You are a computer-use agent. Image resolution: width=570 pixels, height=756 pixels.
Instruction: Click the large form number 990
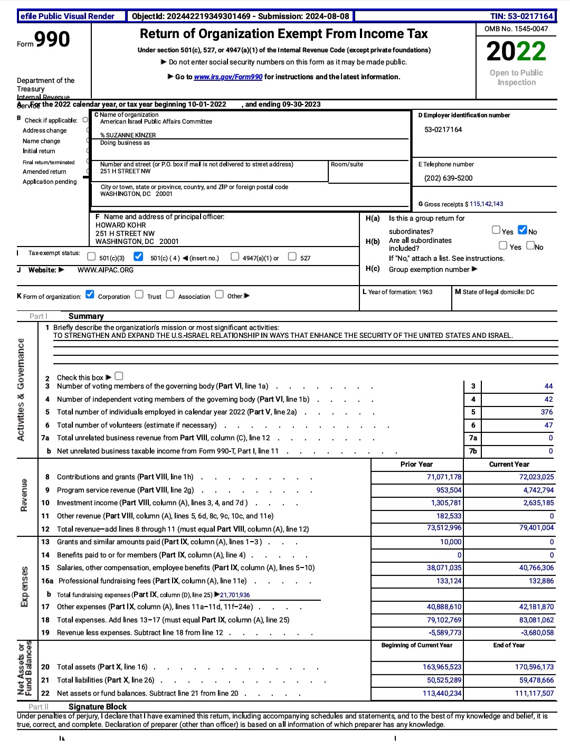52,40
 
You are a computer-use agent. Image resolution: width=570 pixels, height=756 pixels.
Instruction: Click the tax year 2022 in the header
516,51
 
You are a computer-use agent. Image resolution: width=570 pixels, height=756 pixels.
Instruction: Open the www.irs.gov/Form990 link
228,77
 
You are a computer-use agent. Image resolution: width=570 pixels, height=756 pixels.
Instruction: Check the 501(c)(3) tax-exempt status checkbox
91,257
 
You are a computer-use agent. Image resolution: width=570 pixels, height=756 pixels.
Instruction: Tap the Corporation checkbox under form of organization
90,295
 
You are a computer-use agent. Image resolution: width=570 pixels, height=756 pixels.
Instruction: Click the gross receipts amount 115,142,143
486,204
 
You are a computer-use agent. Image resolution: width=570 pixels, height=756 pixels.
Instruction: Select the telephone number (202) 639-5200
448,178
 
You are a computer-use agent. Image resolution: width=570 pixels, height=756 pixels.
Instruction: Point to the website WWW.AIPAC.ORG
106,270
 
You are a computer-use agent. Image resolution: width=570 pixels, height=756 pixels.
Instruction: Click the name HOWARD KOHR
120,225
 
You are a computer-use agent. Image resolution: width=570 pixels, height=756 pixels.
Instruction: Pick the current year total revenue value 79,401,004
536,528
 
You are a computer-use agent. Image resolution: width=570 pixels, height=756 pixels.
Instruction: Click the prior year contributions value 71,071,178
444,477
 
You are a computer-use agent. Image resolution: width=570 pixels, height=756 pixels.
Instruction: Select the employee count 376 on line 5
547,412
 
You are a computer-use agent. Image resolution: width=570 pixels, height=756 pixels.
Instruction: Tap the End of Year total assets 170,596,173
534,667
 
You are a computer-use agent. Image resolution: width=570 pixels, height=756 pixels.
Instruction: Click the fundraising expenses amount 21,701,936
235,595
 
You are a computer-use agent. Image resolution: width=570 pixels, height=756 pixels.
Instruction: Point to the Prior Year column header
416,465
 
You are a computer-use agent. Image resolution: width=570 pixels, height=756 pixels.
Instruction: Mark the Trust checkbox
139,295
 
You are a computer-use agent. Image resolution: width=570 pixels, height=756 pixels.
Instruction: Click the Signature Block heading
98,707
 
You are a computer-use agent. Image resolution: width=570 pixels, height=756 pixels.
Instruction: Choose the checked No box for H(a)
522,230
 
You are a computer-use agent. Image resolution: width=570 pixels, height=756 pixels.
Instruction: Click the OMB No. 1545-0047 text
516,29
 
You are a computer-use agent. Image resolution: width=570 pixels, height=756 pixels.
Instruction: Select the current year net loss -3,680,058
537,633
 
